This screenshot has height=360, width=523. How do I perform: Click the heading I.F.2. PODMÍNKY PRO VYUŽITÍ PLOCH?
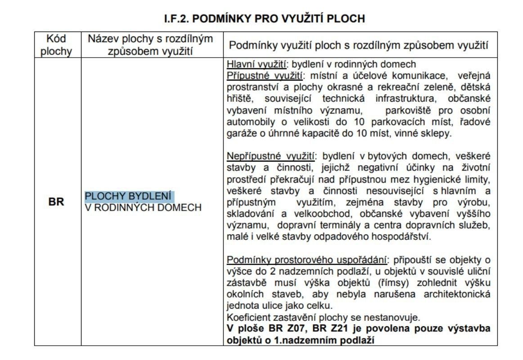pyautogui.click(x=264, y=19)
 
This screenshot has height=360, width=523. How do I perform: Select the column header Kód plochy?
pyautogui.click(x=56, y=45)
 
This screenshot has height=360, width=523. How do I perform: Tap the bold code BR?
pyautogui.click(x=56, y=202)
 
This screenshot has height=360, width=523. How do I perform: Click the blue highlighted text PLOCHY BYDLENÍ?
pyautogui.click(x=129, y=197)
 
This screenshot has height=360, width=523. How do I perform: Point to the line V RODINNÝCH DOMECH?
pyautogui.click(x=143, y=207)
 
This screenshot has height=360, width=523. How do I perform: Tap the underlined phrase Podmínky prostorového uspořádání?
pyautogui.click(x=307, y=260)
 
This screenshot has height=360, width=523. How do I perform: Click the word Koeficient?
pyautogui.click(x=248, y=318)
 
